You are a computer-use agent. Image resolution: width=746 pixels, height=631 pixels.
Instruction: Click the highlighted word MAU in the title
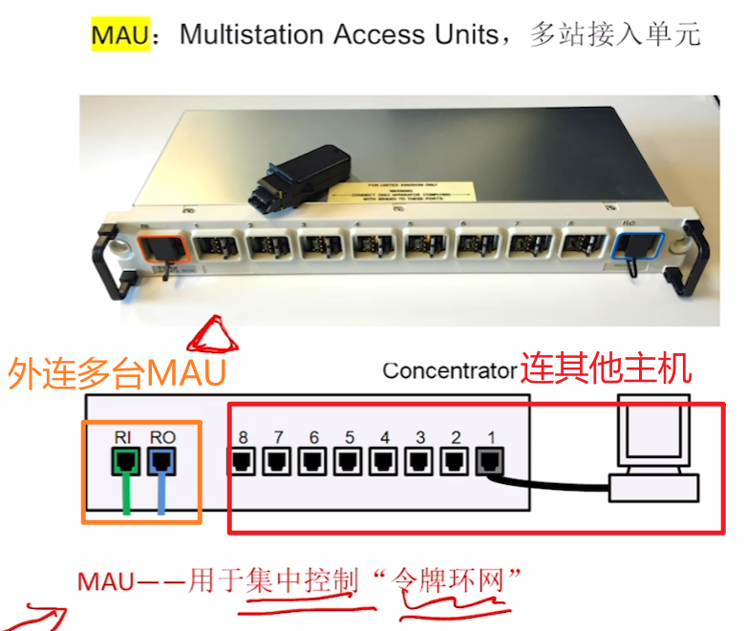tap(119, 35)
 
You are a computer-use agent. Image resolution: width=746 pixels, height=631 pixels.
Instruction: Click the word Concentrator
tap(449, 369)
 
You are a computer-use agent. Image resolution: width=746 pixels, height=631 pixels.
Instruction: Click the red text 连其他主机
tap(606, 368)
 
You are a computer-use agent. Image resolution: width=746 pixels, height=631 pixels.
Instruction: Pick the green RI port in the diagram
tap(125, 463)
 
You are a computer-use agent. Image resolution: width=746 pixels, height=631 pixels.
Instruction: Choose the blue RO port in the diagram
tap(161, 463)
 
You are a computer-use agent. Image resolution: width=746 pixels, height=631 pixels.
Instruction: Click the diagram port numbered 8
tap(242, 463)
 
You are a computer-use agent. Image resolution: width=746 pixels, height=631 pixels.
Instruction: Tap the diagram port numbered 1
tap(490, 463)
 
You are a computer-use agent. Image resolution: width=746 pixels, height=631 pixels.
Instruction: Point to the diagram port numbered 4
tap(384, 463)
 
